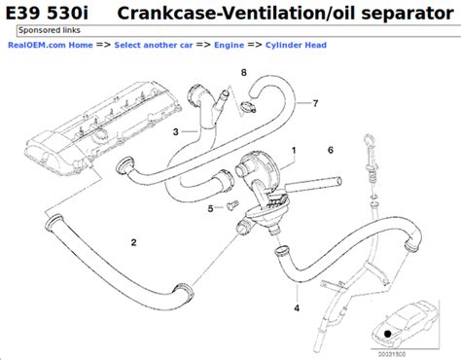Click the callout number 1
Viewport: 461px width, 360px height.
click(294, 151)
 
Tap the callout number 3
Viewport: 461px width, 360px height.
click(175, 131)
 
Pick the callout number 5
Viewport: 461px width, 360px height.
click(209, 207)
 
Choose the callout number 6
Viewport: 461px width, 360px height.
click(331, 150)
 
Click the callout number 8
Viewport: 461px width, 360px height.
click(244, 73)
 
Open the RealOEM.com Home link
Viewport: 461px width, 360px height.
click(53, 46)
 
